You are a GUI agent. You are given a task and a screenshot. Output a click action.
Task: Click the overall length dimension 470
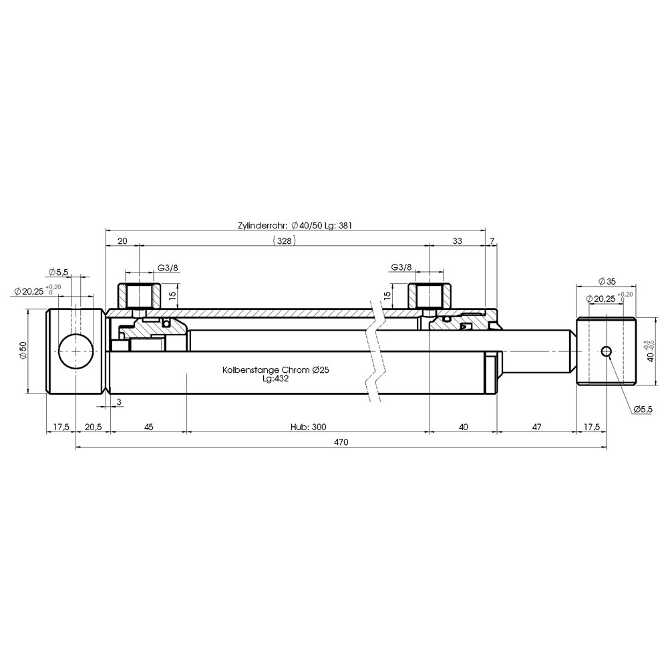click(x=341, y=442)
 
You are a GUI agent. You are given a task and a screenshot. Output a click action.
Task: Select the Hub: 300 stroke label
click(x=309, y=427)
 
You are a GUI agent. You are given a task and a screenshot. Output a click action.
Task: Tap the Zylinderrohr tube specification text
click(x=295, y=225)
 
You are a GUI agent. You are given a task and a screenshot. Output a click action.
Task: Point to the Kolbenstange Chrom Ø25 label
click(x=276, y=370)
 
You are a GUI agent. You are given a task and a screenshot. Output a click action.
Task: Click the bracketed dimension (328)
click(x=284, y=241)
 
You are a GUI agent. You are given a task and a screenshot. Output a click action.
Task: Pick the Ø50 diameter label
click(x=23, y=351)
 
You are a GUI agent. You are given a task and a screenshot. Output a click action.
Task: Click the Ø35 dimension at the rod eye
click(x=607, y=281)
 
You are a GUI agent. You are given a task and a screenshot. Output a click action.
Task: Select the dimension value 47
click(x=537, y=427)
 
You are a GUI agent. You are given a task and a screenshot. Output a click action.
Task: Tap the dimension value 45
click(x=148, y=427)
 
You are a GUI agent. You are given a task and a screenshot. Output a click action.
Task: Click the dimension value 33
click(x=457, y=241)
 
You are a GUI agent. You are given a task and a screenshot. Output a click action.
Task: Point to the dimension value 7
click(x=492, y=241)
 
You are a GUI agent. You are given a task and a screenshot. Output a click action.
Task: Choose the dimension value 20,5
click(x=93, y=427)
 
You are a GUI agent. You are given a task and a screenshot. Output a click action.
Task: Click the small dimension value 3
click(x=119, y=401)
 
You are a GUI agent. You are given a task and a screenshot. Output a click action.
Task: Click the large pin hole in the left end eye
click(x=75, y=351)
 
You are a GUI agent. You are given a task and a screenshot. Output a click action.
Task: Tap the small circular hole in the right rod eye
click(x=607, y=351)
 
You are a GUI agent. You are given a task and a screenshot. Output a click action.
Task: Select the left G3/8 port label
click(x=168, y=268)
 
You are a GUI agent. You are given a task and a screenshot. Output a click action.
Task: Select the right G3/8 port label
click(x=401, y=267)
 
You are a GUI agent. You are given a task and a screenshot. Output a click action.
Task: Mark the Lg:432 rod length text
click(x=276, y=378)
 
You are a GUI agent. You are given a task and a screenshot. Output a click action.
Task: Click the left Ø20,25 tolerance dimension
click(x=37, y=291)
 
